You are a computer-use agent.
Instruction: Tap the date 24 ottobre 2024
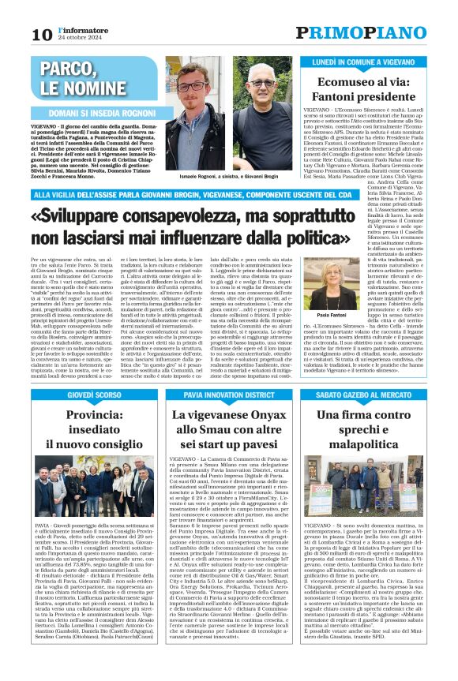pyautogui.click(x=78, y=38)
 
